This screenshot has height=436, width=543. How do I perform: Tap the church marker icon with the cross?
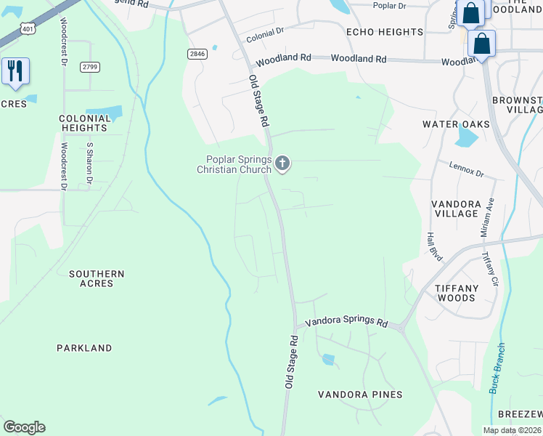tap(282, 164)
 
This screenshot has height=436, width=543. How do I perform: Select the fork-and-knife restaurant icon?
tap(15, 71)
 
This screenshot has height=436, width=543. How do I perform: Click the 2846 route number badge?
tap(197, 54)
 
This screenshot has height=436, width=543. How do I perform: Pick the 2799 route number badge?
tap(90, 67)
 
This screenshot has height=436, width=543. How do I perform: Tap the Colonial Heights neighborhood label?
tap(83, 123)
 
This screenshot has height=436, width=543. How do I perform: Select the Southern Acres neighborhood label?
tap(97, 278)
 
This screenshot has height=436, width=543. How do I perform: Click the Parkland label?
tap(84, 348)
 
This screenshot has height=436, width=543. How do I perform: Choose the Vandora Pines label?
tap(360, 395)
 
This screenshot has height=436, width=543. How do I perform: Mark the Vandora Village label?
tap(455, 209)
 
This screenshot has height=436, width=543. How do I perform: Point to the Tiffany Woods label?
tap(457, 293)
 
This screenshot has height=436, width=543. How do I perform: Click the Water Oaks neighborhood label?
tap(456, 124)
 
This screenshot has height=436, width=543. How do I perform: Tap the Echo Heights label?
tap(384, 32)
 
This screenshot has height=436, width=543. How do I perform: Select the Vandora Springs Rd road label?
tap(346, 321)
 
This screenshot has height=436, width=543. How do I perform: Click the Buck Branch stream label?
tap(497, 368)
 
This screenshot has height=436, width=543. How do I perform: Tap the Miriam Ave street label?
tap(487, 217)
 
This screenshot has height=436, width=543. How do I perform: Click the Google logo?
tap(24, 427)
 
